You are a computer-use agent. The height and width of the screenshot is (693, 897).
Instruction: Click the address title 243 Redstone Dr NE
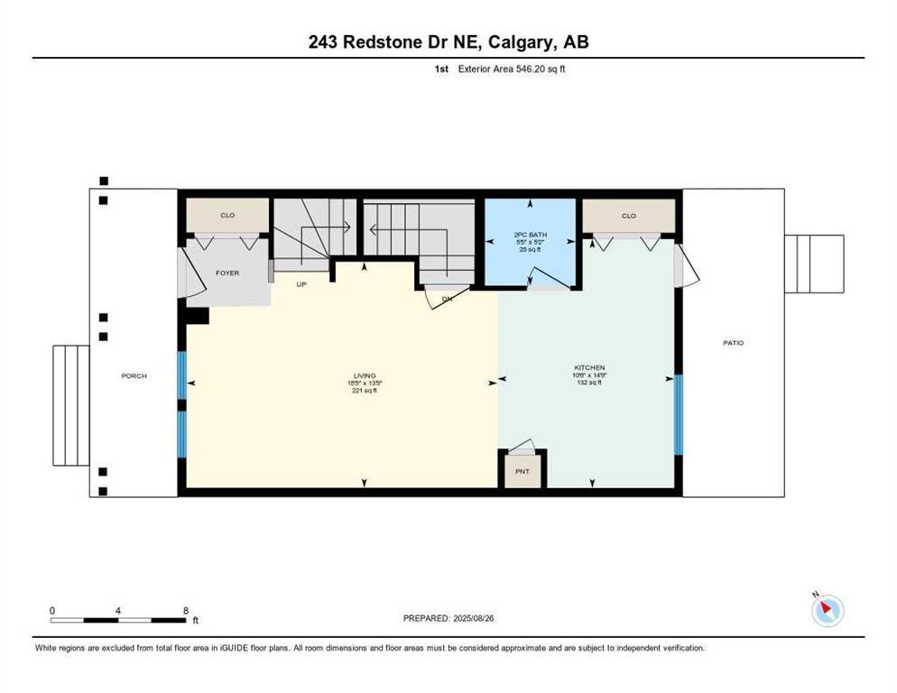[x=448, y=42]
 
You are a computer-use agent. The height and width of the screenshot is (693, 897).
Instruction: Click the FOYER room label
[x=227, y=273]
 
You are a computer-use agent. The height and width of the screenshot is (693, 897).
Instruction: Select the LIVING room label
[x=364, y=376]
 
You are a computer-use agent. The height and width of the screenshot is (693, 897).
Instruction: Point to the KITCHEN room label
[x=589, y=368]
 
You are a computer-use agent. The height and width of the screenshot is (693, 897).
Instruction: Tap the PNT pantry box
[x=522, y=470]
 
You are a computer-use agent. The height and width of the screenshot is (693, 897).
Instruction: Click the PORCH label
[x=134, y=376]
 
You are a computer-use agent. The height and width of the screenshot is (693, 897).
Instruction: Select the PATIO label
[x=733, y=343]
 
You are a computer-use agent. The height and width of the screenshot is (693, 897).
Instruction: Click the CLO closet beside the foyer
[x=227, y=216]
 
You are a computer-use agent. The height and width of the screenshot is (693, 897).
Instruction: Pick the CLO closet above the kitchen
[x=628, y=216]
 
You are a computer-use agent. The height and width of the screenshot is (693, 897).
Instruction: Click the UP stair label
[x=303, y=283]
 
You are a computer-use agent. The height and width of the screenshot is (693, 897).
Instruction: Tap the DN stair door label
[x=446, y=299]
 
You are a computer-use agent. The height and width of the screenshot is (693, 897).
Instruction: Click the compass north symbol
[x=827, y=610]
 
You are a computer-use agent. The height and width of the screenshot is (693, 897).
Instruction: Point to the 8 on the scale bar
[x=184, y=610]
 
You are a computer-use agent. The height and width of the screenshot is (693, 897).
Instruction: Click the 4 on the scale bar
[x=118, y=610]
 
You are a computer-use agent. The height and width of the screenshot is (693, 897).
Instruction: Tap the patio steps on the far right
[x=813, y=263]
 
